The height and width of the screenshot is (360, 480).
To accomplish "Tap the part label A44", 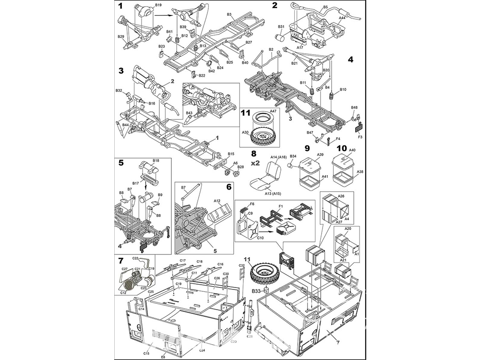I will [342, 18].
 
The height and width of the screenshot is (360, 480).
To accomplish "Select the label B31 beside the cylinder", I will [281, 27].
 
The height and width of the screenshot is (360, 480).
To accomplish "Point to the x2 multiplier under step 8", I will [255, 163].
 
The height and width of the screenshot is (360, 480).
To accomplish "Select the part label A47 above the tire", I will [273, 111].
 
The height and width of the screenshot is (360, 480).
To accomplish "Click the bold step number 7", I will [120, 260].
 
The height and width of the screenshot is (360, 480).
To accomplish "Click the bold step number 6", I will [229, 186].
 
